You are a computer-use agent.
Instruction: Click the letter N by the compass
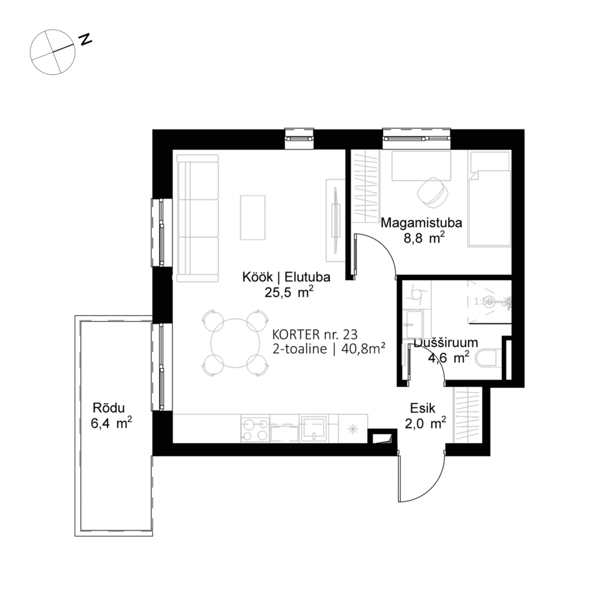tap(86, 40)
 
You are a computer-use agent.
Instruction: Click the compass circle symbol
tap(52, 52)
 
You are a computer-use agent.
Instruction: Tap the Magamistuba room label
tap(414, 222)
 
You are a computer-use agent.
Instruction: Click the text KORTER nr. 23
tap(315, 334)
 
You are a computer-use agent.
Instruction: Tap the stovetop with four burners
tap(255, 429)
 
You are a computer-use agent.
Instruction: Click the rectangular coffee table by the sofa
tap(253, 217)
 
